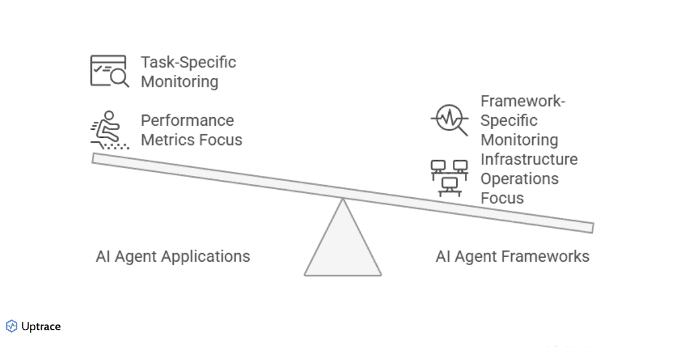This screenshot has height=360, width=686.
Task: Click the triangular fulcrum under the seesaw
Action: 343,246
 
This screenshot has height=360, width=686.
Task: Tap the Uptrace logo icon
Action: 11,326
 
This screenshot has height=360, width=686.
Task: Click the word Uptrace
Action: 41,327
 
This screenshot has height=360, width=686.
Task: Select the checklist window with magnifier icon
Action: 109,71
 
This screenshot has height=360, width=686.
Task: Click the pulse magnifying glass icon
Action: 449,120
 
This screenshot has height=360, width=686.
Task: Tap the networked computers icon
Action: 449,178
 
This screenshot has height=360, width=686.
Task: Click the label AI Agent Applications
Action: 173,257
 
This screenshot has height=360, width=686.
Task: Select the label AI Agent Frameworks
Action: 512,257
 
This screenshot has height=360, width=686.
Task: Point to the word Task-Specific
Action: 189,62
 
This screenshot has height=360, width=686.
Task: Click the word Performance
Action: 188,121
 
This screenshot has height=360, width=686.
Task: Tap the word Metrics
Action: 165,140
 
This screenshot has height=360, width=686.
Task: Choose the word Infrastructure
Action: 529,159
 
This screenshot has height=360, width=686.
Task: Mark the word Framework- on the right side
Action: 523,101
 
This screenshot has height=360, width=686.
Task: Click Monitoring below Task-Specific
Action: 180,82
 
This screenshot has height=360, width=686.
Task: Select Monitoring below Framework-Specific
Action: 519,140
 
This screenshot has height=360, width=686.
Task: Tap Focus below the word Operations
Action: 502,198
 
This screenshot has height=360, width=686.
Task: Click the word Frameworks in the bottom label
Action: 545,257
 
